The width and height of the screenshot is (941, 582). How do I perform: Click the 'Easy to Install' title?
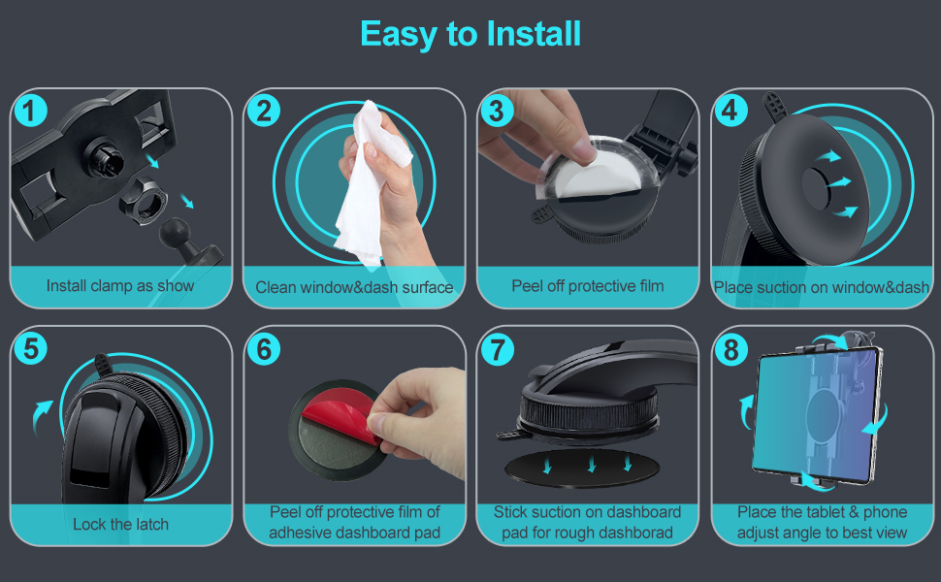(x=470, y=34)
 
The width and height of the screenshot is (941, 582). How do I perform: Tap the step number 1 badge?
(x=30, y=111)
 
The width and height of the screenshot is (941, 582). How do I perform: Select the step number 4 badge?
(x=730, y=110)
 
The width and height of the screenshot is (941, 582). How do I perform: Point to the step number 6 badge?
(x=264, y=348)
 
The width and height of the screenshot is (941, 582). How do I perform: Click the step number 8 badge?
(x=730, y=349)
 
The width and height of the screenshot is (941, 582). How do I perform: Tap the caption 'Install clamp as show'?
(x=120, y=285)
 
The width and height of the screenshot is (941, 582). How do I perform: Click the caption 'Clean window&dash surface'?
(x=354, y=287)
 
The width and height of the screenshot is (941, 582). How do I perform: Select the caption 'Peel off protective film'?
(x=588, y=286)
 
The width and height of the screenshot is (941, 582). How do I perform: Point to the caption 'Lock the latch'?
(x=120, y=525)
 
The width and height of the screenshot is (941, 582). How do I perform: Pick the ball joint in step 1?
(x=176, y=231)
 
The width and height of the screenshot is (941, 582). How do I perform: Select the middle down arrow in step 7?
(x=592, y=464)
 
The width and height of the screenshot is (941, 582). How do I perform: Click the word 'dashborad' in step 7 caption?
(x=634, y=533)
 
